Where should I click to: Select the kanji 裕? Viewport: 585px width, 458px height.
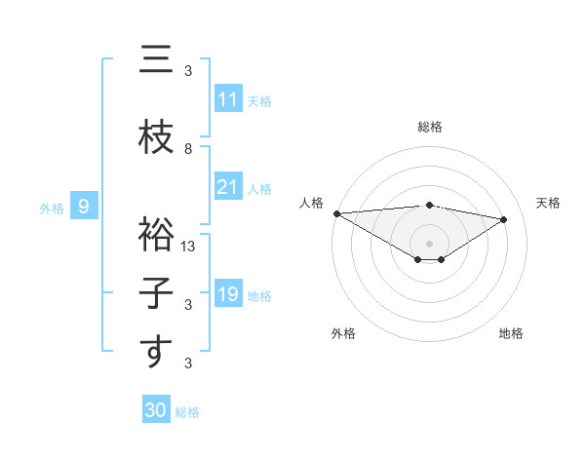154,235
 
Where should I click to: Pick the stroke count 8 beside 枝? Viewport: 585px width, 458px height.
188,149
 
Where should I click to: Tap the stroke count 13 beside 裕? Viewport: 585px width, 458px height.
190,247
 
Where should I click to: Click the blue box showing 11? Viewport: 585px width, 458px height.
228,99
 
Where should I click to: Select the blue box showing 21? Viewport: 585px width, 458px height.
228,187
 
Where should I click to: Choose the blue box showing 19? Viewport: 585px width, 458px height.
228,294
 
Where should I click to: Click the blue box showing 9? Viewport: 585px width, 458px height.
85,207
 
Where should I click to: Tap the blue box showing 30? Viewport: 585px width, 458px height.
155,411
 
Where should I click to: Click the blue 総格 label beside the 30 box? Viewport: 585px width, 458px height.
187,412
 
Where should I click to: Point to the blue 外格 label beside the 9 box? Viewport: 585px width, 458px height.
51,208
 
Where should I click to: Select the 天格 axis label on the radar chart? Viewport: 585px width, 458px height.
548,203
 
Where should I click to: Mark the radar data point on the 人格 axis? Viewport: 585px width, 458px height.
336,212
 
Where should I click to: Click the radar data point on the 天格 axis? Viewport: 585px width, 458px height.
503,219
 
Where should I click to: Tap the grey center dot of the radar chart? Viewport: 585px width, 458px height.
429,242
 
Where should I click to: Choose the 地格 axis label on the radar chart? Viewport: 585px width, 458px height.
511,333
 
